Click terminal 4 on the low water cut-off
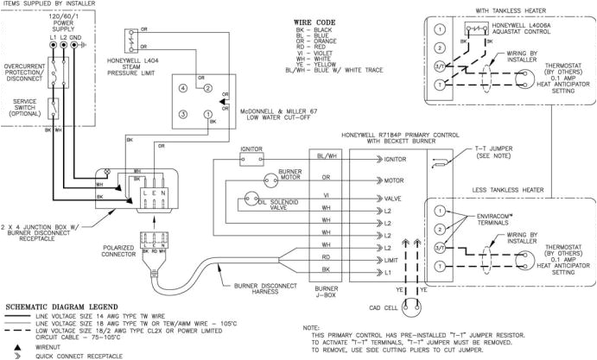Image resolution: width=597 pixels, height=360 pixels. coord(183,88)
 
